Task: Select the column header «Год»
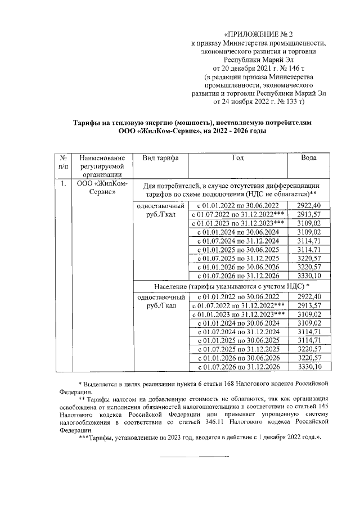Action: point(238,159)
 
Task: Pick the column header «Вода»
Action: point(308,159)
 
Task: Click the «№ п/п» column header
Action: point(63,163)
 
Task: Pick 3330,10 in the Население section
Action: point(308,367)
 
